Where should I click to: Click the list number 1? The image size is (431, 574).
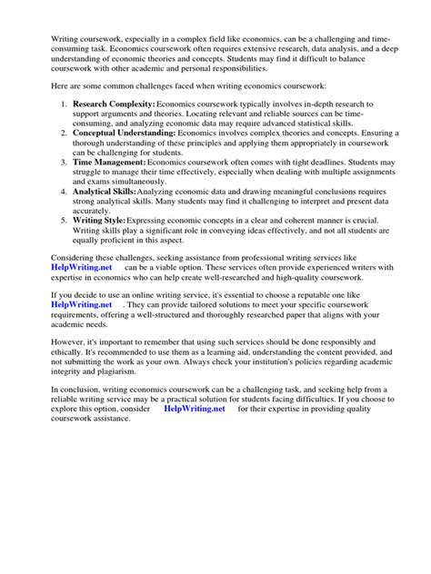point(54,117)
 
